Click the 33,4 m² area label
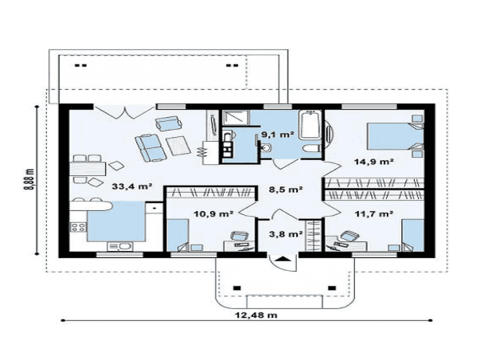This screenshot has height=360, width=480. coord(132,186)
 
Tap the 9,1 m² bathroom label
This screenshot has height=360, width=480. coord(277,134)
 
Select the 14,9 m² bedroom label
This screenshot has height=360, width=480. coord(374,161)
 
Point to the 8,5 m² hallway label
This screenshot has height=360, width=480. coord(286,190)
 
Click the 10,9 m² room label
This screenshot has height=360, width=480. coord(213,213)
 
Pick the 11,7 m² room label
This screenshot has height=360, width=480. coord(374,213)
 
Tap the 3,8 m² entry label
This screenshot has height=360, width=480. coord(286,234)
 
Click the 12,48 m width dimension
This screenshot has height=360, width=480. coord(256,315)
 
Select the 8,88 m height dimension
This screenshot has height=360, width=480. coord(29,179)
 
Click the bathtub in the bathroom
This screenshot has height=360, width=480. coord(310,126)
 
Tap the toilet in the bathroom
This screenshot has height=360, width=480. coord(311,149)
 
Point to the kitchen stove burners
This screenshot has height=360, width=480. coord(78,227)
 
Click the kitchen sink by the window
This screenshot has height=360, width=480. coord(120,247)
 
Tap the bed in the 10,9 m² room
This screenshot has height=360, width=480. coord(178,235)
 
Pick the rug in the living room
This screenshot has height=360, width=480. coord(178,145)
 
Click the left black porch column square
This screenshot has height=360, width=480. coord(236,288)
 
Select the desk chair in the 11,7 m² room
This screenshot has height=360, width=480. coord(349,236)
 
